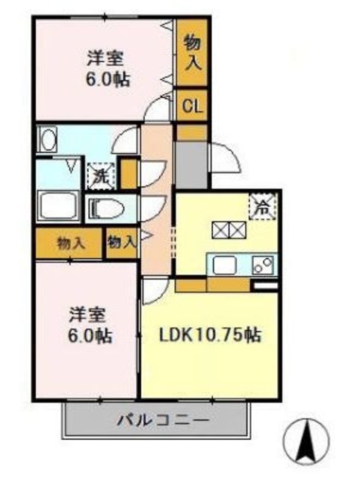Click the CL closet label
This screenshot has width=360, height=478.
tap(193, 106)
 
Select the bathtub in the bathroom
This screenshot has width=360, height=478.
tap(60, 206)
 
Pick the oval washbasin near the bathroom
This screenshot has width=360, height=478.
tap(49, 140)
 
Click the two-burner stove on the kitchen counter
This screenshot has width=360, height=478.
tap(264, 264)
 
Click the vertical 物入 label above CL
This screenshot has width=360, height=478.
tap(192, 53)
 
